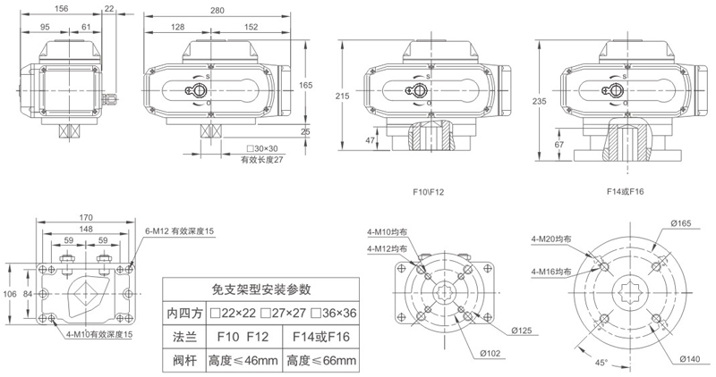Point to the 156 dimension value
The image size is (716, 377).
[x=62, y=8]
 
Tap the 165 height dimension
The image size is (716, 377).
[x=305, y=85]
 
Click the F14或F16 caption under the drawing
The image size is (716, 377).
[x=626, y=190]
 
